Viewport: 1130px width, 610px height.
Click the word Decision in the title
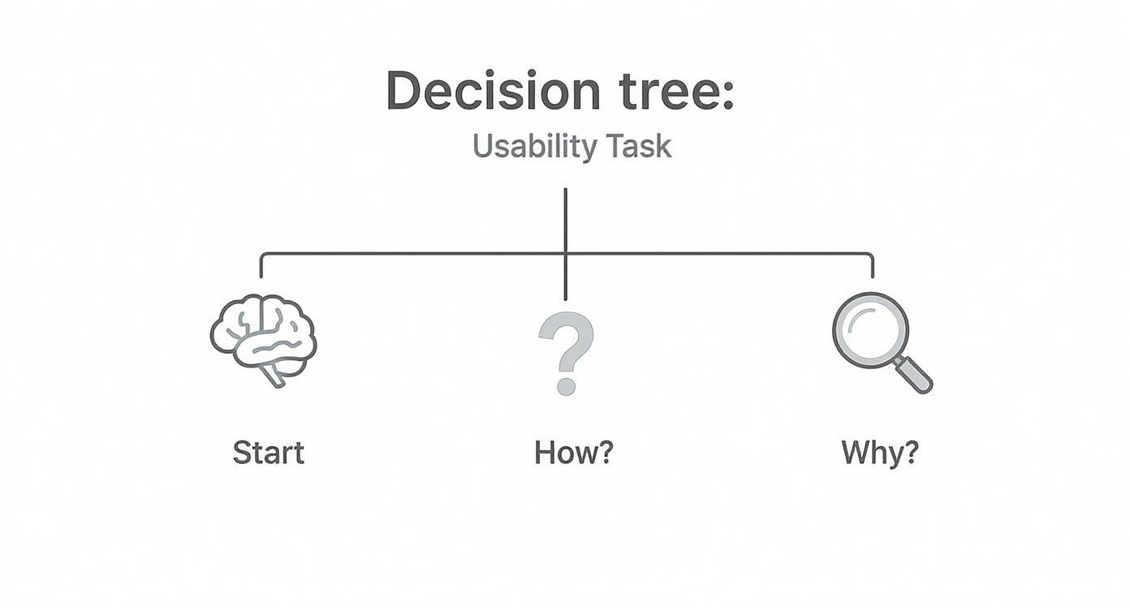coord(492,90)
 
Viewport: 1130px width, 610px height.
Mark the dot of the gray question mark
coord(566,385)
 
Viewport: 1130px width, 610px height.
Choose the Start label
coord(268,453)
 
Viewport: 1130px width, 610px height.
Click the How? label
coord(573,453)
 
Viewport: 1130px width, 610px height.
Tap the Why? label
coord(879,452)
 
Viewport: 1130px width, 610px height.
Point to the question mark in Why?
coord(911,452)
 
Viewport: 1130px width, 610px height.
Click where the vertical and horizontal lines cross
coord(565,254)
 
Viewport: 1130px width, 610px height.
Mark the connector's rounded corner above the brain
coord(263,256)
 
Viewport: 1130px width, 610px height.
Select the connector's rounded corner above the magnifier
coord(870,256)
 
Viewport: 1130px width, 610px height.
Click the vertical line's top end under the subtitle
coord(565,191)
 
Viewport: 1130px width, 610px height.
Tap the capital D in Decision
coord(404,90)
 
